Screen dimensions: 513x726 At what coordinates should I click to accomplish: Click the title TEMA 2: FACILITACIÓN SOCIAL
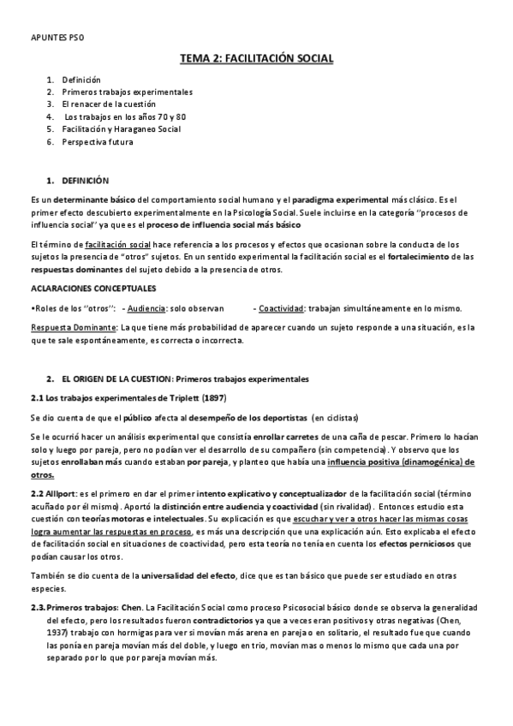[256, 58]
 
